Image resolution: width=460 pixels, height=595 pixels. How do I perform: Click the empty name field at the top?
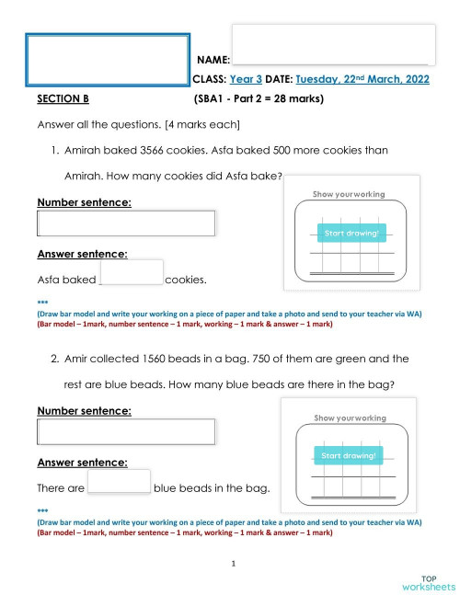333,43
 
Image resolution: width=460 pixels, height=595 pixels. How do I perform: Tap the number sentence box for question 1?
126,223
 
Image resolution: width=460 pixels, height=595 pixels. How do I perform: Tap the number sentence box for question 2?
126,431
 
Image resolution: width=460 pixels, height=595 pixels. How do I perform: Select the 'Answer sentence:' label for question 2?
82,463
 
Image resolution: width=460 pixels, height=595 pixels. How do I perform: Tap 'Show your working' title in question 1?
349,194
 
